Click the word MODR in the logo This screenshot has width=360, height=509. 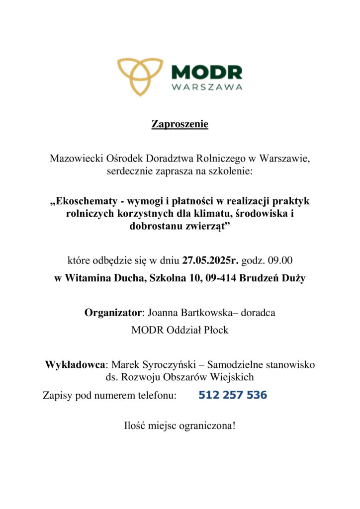coord(206,73)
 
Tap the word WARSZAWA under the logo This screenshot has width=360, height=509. coord(207,87)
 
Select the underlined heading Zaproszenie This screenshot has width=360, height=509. coord(180,124)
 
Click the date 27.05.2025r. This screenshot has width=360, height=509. coord(210,259)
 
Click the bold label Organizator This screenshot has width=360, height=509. coord(113,313)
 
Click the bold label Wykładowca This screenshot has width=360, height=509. coord(75,365)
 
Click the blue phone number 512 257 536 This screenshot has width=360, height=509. coord(232,396)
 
